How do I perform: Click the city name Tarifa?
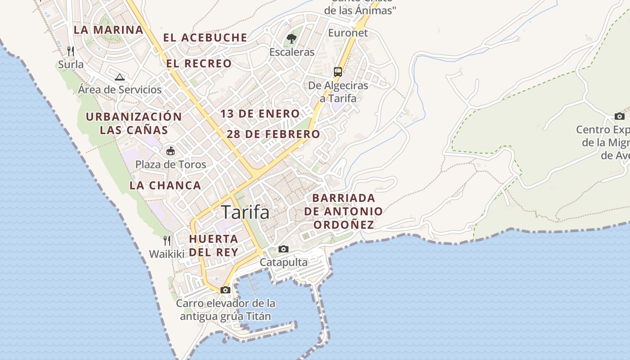(245, 212)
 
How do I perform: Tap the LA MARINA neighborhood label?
(108, 30)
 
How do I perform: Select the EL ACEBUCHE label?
(205, 38)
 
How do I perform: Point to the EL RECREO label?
(199, 63)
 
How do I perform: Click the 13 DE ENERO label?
(260, 114)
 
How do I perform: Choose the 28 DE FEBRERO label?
(273, 134)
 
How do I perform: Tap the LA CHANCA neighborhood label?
(165, 185)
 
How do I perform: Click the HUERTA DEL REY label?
(213, 245)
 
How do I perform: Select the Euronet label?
(348, 33)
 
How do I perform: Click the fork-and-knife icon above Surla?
(71, 51)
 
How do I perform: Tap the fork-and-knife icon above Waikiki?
(167, 241)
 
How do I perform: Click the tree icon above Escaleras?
(292, 39)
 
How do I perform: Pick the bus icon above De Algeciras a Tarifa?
(338, 72)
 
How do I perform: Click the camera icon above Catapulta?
(283, 249)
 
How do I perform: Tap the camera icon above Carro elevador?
(225, 290)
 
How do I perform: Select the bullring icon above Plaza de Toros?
(171, 151)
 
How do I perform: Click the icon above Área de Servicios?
(119, 77)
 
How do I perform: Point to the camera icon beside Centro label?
(620, 117)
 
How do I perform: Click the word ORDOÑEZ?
(344, 225)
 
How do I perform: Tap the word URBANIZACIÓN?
(134, 117)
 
